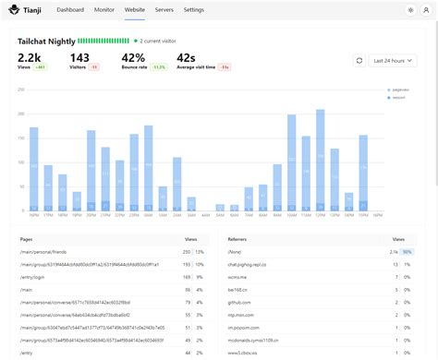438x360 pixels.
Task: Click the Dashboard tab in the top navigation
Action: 70,9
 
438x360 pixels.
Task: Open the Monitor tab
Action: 104,9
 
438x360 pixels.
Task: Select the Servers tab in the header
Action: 164,9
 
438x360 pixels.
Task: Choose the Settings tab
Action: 194,9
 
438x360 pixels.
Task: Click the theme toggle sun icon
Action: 410,9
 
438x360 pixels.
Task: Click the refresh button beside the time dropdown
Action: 359,61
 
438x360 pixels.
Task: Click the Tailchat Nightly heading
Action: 45,42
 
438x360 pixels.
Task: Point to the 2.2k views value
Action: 30,57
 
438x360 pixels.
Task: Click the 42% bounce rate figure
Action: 133,57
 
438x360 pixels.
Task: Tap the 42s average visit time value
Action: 186,57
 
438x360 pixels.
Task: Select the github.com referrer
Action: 239,302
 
